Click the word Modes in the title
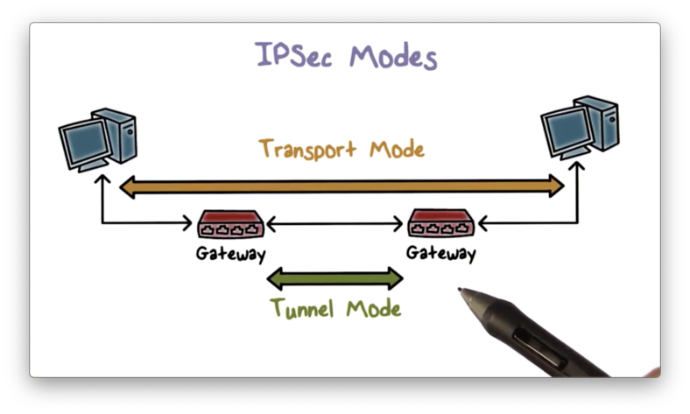coord(392,57)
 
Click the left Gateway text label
coord(229,254)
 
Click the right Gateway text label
coord(440,254)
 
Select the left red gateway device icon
coord(230,224)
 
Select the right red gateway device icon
coord(441,224)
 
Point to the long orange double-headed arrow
coord(341,185)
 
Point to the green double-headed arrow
coord(334,279)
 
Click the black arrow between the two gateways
coord(335,226)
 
